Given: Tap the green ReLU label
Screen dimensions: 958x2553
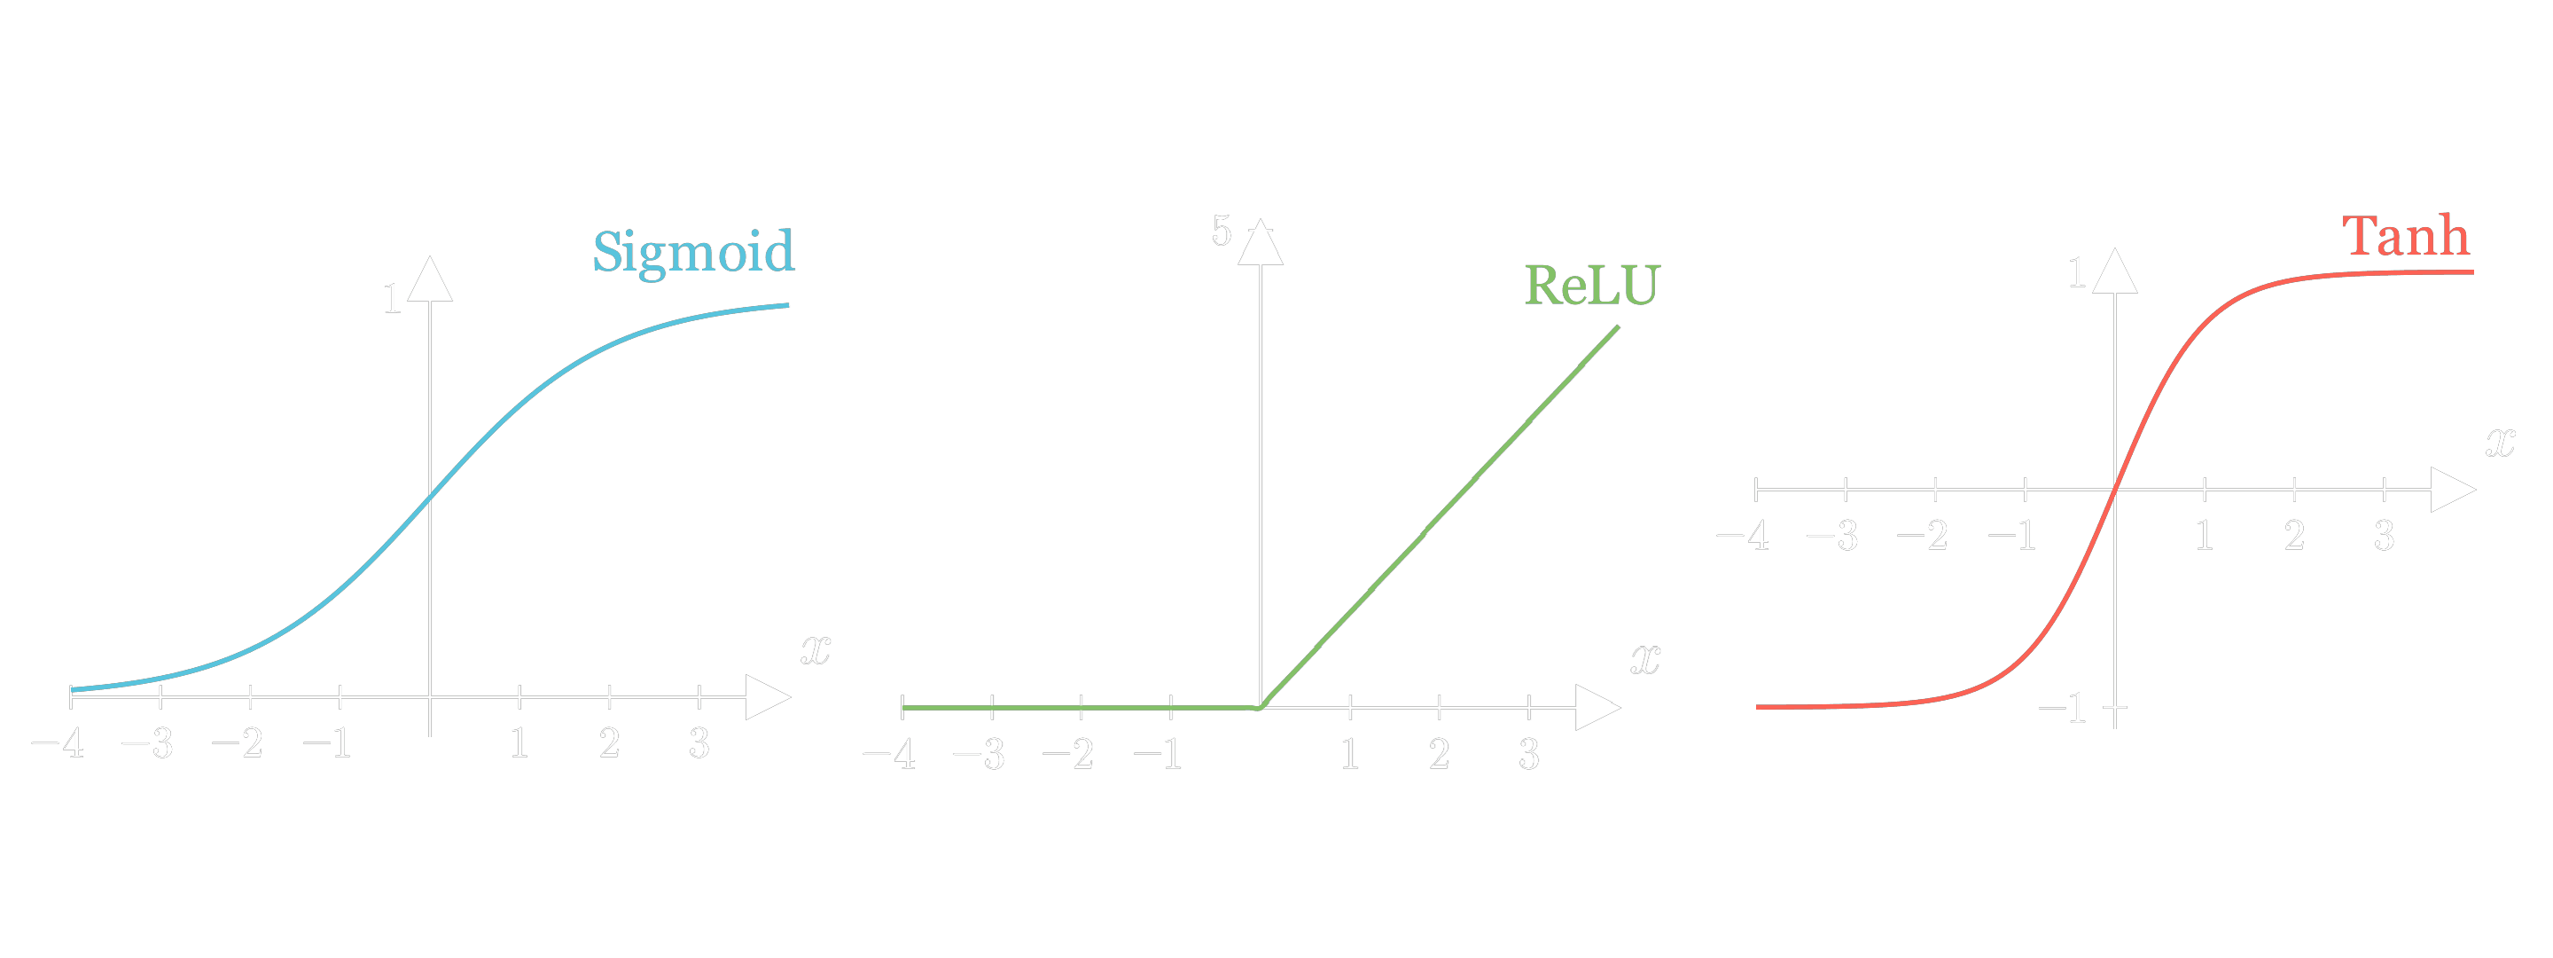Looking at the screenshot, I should pyautogui.click(x=1589, y=286).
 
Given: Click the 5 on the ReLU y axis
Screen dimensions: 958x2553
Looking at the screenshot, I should pyautogui.click(x=1221, y=231).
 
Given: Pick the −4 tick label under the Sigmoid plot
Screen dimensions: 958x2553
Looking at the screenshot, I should pyautogui.click(x=58, y=742).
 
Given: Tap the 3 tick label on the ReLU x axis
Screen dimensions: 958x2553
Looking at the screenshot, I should pyautogui.click(x=1529, y=755).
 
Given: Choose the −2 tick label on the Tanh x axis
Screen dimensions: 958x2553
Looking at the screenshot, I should pyautogui.click(x=1923, y=537).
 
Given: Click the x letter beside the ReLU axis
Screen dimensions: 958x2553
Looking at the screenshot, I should pyautogui.click(x=1645, y=659).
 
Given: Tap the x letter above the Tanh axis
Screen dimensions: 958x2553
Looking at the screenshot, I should pyautogui.click(x=2501, y=442).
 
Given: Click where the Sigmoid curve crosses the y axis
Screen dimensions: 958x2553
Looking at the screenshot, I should pyautogui.click(x=430, y=498).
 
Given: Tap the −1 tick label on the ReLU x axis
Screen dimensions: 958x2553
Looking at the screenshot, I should pyautogui.click(x=1158, y=755).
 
